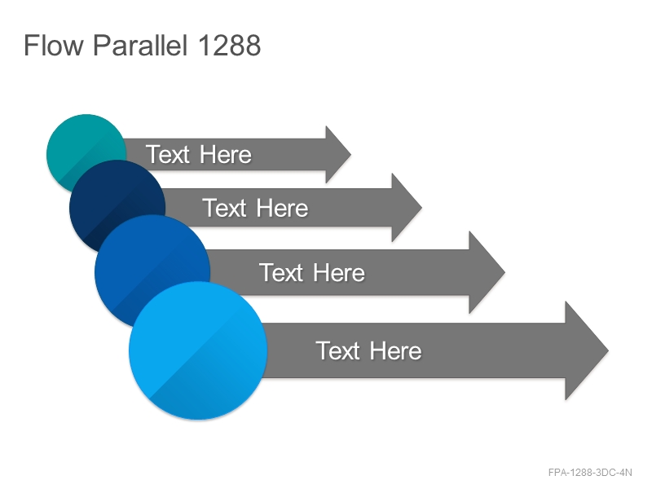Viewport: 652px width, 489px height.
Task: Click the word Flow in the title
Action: (54, 45)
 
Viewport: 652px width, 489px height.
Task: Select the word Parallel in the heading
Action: (140, 45)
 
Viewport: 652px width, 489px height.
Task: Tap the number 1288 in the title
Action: (230, 45)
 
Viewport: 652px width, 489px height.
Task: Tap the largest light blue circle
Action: (198, 350)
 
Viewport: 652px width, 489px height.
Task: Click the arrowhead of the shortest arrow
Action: (337, 154)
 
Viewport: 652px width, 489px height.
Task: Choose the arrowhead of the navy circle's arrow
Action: (406, 208)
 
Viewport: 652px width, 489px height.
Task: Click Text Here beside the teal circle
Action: (199, 154)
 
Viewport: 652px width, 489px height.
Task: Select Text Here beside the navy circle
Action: (255, 208)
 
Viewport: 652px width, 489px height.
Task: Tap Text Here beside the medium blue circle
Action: (312, 272)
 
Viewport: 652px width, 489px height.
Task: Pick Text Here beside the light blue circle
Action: (368, 350)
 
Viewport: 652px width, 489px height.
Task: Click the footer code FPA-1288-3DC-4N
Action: (590, 473)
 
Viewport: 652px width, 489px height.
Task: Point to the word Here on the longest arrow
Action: (395, 350)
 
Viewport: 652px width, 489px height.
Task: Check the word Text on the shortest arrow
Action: (168, 154)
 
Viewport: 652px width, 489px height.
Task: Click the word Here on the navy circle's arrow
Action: (282, 208)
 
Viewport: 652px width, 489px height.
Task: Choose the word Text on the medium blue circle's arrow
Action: (281, 272)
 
